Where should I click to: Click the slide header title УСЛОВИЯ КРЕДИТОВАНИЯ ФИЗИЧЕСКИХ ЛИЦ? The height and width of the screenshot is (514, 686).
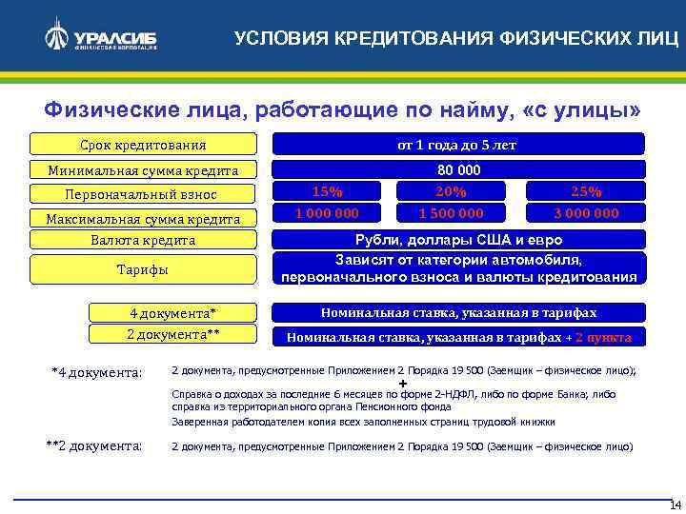[457, 38]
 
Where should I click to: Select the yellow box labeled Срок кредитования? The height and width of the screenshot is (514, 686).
[142, 145]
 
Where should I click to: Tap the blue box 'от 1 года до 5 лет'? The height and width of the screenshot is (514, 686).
[458, 145]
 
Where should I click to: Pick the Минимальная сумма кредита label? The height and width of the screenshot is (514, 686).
[142, 170]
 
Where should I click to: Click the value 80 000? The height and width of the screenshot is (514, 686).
[458, 170]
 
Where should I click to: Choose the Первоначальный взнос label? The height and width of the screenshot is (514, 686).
[142, 194]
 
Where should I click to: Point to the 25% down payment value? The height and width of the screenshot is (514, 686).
[586, 191]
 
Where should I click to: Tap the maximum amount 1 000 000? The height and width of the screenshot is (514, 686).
[328, 213]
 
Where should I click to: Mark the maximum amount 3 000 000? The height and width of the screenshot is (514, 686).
[586, 213]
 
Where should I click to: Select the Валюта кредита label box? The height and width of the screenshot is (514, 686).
[142, 240]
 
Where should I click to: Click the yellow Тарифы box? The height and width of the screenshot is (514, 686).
[142, 269]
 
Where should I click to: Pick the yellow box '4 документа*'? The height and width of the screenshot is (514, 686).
[173, 312]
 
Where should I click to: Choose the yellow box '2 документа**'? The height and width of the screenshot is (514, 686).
[173, 334]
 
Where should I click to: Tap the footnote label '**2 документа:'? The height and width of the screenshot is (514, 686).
[94, 445]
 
